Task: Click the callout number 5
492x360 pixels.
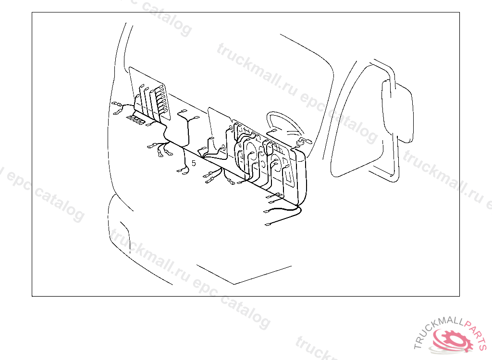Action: tap(194, 163)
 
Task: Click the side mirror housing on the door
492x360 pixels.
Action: tap(398, 111)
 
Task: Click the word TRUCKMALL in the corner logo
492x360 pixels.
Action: tap(435, 334)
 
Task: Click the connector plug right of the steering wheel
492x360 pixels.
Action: tap(305, 141)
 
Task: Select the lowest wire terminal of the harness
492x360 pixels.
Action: tap(268, 224)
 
